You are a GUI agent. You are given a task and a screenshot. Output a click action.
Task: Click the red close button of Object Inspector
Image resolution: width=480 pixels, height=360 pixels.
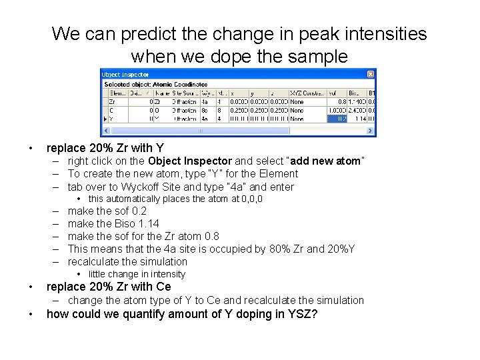371,74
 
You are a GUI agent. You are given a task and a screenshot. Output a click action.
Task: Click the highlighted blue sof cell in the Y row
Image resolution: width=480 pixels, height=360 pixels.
337,119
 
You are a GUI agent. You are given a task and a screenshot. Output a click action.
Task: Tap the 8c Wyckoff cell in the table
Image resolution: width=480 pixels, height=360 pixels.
203,110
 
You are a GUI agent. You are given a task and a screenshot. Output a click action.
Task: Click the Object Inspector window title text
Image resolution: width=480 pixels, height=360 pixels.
125,75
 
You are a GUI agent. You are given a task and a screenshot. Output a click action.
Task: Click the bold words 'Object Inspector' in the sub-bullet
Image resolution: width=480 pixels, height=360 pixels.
189,161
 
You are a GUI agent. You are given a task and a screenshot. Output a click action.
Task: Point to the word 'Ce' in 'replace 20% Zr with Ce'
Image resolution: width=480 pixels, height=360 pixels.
163,287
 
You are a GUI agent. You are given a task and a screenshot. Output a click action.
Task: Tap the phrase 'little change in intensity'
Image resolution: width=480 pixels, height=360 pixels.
137,274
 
